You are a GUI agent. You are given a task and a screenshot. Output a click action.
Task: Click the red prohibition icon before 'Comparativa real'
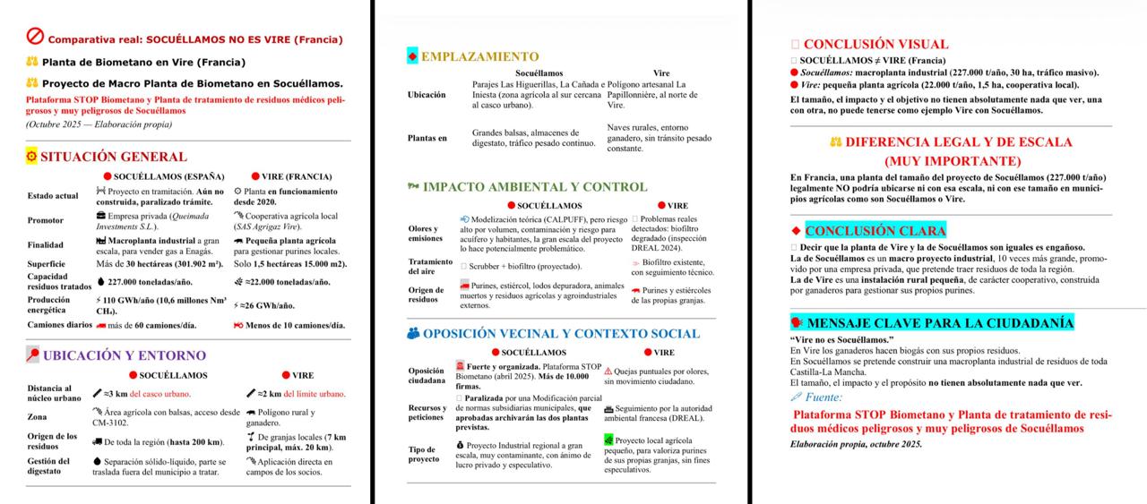click(36, 37)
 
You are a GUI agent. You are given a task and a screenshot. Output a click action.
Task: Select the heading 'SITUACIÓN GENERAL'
click(113, 157)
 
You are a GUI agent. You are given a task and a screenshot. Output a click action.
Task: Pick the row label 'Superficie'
click(47, 264)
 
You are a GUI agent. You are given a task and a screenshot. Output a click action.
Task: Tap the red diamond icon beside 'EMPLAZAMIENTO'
click(412, 56)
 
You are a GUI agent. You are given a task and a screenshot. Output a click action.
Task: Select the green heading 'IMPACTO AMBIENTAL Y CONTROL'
click(534, 187)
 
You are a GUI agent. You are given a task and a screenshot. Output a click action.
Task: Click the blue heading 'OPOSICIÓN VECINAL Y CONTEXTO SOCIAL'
click(560, 334)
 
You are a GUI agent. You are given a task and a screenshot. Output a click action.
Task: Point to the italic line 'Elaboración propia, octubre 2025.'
click(856, 444)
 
